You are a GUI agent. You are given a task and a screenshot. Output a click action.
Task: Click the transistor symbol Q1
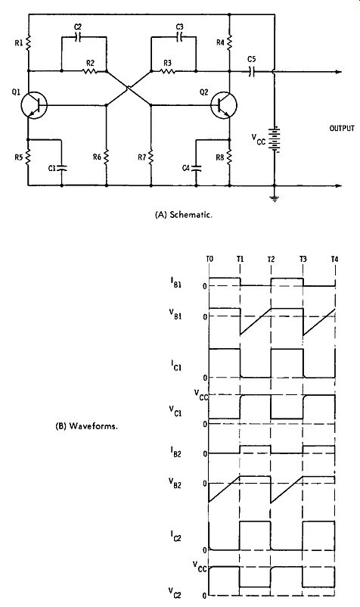[35, 105]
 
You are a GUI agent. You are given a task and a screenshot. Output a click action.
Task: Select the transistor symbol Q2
[224, 105]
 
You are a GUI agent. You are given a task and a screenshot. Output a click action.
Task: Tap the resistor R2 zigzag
[89, 71]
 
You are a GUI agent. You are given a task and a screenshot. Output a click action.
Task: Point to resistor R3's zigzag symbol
[167, 71]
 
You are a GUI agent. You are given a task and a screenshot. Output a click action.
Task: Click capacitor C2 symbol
[78, 38]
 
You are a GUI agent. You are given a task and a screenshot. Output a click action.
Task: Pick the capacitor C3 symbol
[180, 37]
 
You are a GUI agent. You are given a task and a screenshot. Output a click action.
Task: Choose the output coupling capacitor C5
[252, 71]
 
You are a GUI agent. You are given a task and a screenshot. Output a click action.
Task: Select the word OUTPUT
[342, 128]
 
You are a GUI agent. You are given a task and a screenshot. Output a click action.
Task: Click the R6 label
[97, 157]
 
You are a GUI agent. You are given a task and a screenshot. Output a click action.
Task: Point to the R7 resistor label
[141, 157]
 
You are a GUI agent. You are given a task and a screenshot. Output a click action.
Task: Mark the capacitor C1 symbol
[61, 168]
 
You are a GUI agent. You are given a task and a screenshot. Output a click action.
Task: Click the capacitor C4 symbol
[196, 168]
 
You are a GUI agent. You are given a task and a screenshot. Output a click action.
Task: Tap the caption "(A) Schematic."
[183, 215]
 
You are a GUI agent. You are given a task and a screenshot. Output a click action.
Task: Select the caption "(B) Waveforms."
[87, 427]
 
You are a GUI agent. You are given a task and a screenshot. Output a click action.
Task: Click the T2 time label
[271, 259]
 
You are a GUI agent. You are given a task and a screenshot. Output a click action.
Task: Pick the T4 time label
[334, 259]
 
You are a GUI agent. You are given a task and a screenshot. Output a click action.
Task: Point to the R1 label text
[19, 42]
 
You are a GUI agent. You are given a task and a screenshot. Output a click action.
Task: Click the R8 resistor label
[220, 157]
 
